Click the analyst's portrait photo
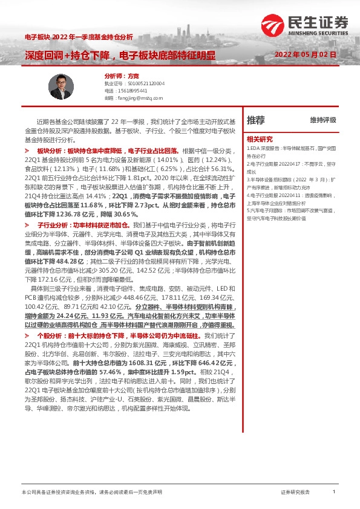tap(60, 84)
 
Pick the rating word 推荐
tap(256, 120)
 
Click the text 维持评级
tap(322, 120)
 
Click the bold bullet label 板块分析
tap(50, 149)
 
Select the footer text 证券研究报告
tap(295, 492)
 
